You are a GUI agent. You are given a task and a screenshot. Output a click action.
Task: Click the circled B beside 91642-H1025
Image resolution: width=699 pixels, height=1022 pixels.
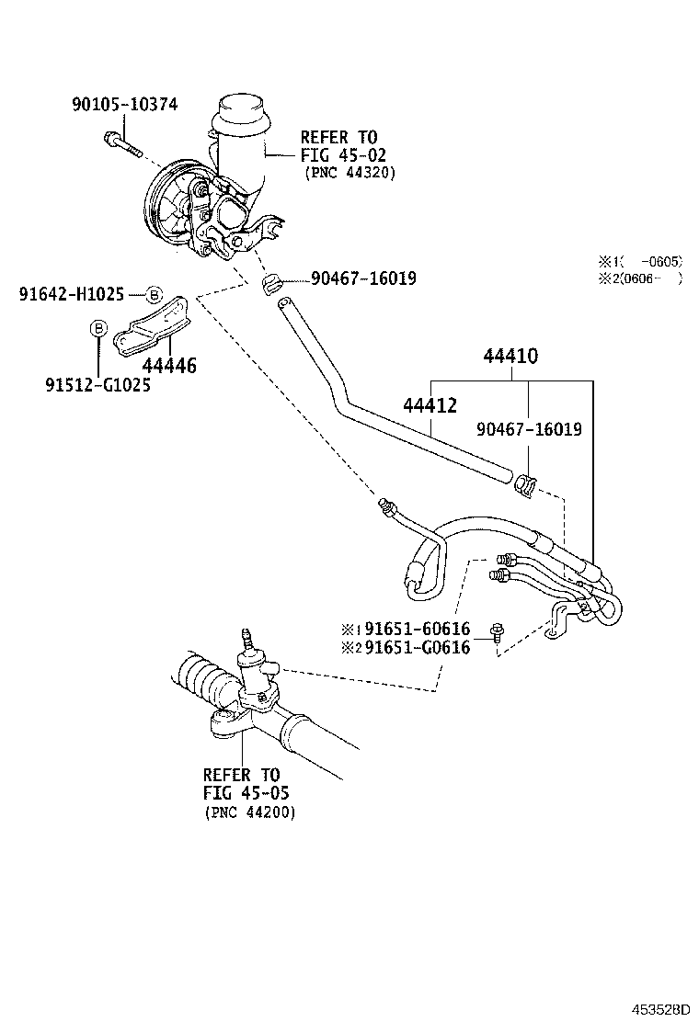(x=155, y=294)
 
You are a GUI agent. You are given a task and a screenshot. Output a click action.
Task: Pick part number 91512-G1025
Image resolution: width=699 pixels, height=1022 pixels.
(x=98, y=385)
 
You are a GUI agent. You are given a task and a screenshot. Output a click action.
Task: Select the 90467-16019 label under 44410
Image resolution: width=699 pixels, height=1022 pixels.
(x=529, y=429)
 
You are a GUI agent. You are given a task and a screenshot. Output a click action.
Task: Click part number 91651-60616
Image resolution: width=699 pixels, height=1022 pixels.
(x=417, y=629)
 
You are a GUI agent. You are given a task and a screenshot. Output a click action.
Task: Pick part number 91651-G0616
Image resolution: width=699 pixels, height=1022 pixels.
(x=417, y=647)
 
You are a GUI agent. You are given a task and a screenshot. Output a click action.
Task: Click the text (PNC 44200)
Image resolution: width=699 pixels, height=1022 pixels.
(x=249, y=812)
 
